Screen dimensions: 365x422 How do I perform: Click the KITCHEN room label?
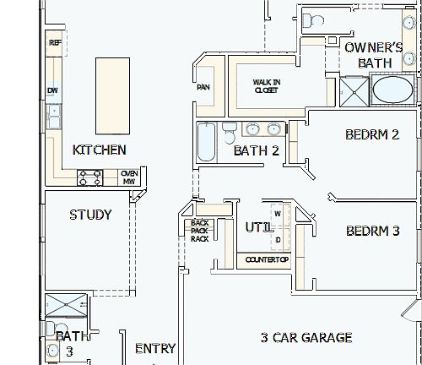(x=100, y=150)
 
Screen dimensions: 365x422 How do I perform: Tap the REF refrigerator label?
(x=55, y=42)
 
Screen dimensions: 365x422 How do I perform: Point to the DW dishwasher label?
(x=52, y=90)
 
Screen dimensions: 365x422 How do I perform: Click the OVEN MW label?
(x=129, y=177)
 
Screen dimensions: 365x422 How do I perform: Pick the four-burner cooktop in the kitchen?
(x=90, y=177)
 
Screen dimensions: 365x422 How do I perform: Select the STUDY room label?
(x=90, y=215)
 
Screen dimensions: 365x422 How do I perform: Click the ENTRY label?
(x=155, y=348)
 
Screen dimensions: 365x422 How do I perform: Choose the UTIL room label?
(x=257, y=227)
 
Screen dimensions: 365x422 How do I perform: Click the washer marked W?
(x=277, y=215)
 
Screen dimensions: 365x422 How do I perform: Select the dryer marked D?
(x=277, y=239)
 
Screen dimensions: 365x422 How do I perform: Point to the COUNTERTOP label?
(x=267, y=259)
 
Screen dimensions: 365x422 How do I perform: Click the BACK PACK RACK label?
(x=200, y=231)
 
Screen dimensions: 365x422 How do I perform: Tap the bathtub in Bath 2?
(x=206, y=141)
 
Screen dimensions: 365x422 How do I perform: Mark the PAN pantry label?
(x=203, y=87)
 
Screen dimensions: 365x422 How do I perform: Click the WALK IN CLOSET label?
(x=267, y=86)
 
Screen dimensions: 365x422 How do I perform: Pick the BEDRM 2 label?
(x=372, y=134)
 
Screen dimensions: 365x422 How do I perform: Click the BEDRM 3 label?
(x=372, y=231)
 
